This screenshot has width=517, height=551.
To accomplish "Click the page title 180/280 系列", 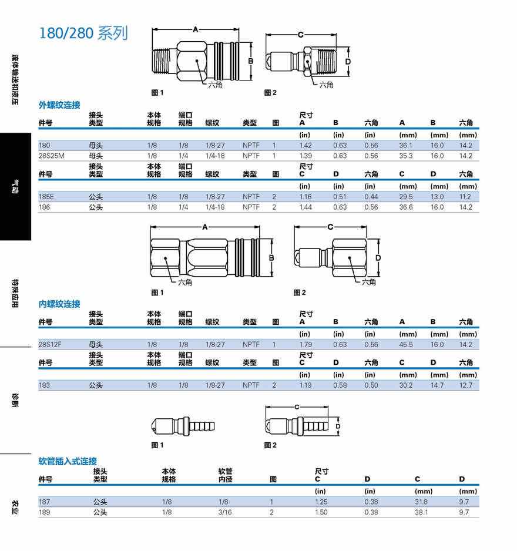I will (83, 33).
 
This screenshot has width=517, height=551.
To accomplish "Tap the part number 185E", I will (46, 197).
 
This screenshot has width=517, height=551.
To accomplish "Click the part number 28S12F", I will (49, 345).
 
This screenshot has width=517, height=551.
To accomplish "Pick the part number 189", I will (44, 512).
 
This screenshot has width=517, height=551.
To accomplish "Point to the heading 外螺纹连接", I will (59, 105).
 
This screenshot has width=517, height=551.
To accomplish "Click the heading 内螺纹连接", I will (59, 304).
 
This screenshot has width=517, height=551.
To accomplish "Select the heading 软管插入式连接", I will (67, 461).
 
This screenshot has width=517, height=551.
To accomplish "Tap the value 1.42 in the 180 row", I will (305, 145).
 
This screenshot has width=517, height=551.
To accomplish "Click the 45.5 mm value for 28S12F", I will (406, 345).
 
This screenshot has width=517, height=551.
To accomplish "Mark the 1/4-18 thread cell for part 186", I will (215, 207).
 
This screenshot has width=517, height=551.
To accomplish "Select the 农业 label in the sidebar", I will (15, 506).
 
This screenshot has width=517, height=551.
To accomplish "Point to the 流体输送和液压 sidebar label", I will (15, 80).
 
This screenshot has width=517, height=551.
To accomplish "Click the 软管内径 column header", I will (226, 475).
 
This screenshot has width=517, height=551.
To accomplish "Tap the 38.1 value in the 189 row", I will (421, 512).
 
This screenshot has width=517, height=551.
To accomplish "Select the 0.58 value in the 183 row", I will (340, 386).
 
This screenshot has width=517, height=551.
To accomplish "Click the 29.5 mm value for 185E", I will (406, 197).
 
